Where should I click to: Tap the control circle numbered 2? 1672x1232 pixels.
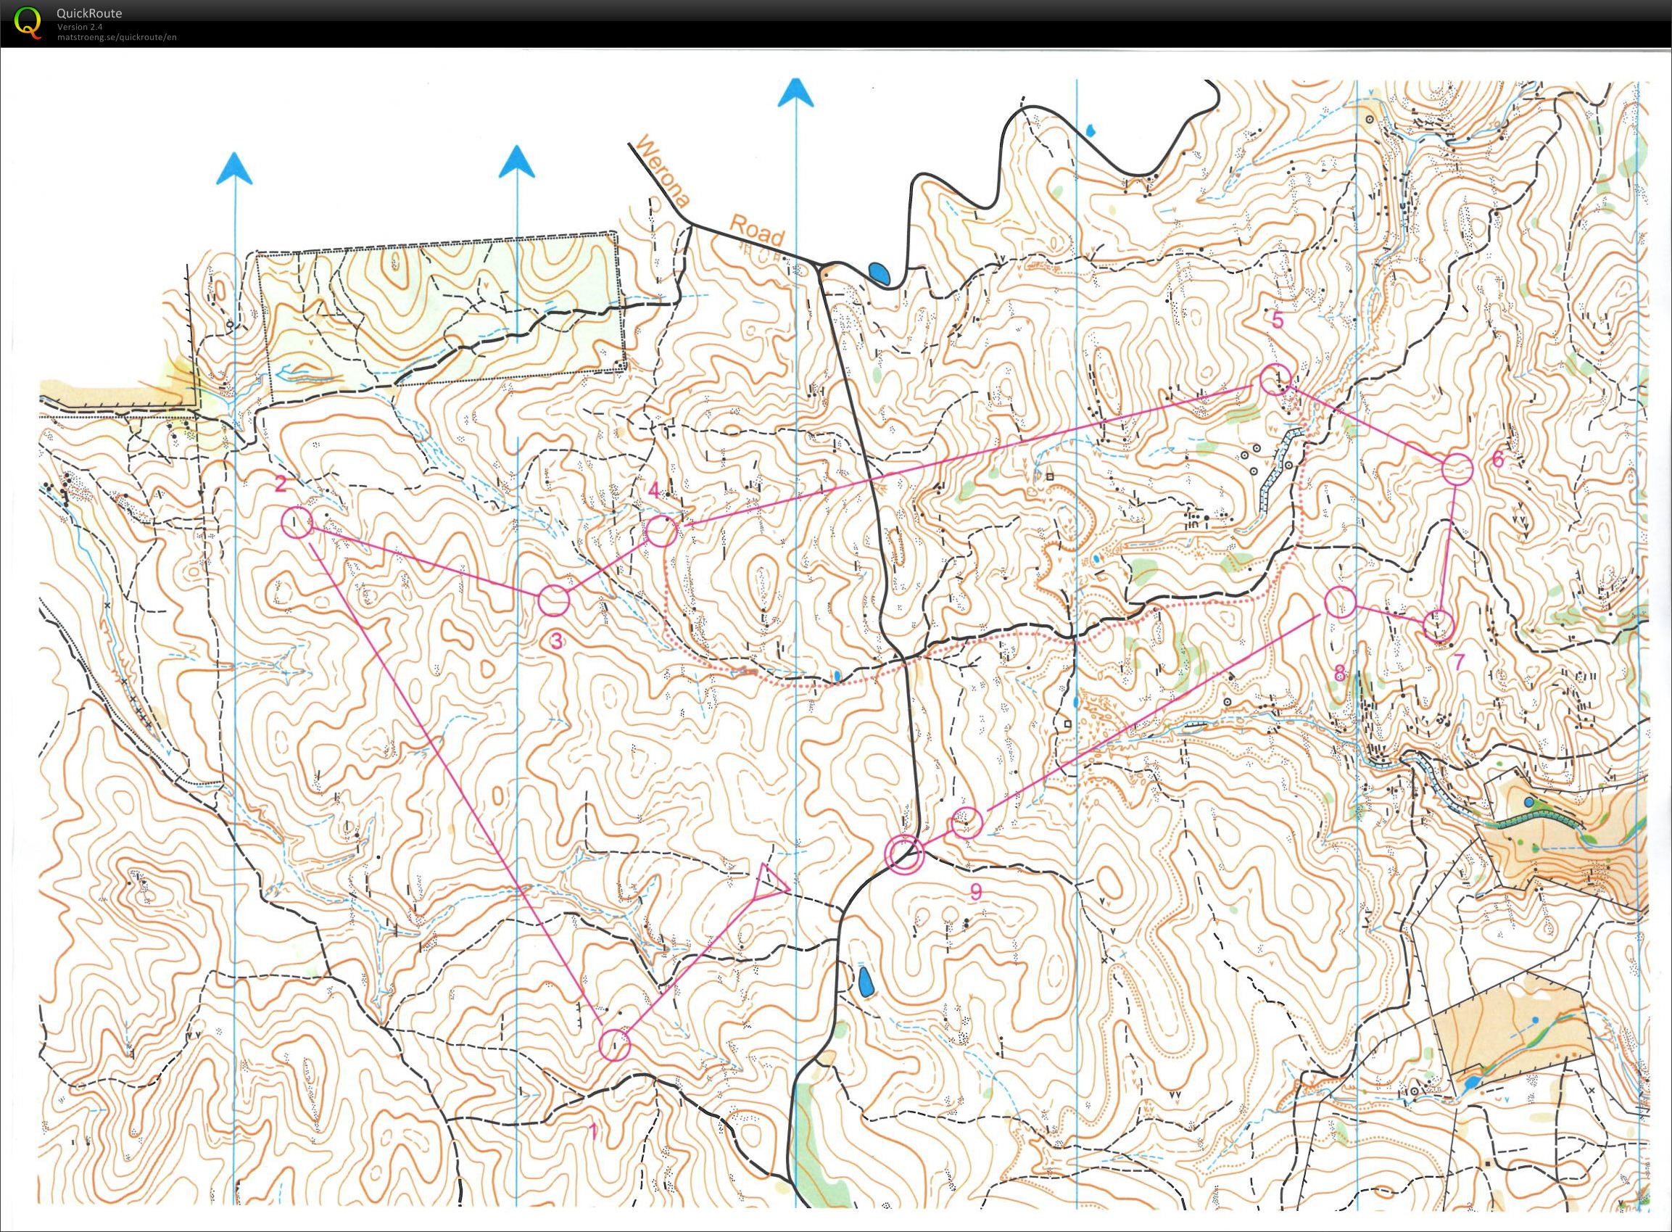point(297,521)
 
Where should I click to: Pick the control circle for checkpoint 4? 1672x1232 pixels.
point(661,532)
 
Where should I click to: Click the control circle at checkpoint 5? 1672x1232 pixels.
point(1275,379)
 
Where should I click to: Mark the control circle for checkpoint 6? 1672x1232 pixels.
point(1457,469)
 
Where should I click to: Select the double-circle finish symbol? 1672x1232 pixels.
point(904,853)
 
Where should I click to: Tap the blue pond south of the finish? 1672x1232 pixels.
point(865,982)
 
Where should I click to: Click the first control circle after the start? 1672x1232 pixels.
point(616,1045)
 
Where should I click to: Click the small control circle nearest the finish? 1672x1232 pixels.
point(965,822)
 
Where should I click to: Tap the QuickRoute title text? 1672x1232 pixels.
point(88,12)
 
